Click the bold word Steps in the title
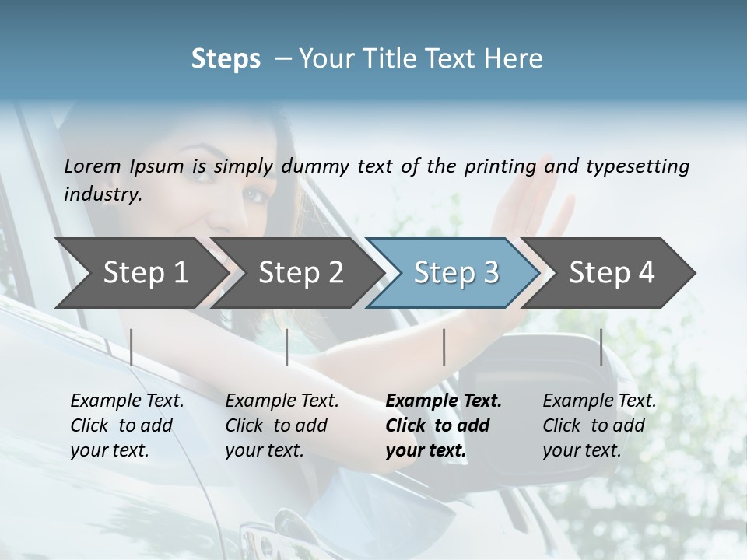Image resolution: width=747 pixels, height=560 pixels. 226,59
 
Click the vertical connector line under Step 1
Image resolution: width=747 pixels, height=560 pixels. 132,347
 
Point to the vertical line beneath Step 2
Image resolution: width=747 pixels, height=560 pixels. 287,347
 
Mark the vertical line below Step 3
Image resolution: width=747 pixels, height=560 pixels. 444,347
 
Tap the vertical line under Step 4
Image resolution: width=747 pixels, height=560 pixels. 601,347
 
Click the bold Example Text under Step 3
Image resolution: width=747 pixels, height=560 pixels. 444,401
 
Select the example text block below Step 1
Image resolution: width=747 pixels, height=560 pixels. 127,425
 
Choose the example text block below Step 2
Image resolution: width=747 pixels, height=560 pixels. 282,425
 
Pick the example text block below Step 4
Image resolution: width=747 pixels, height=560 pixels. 599,425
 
